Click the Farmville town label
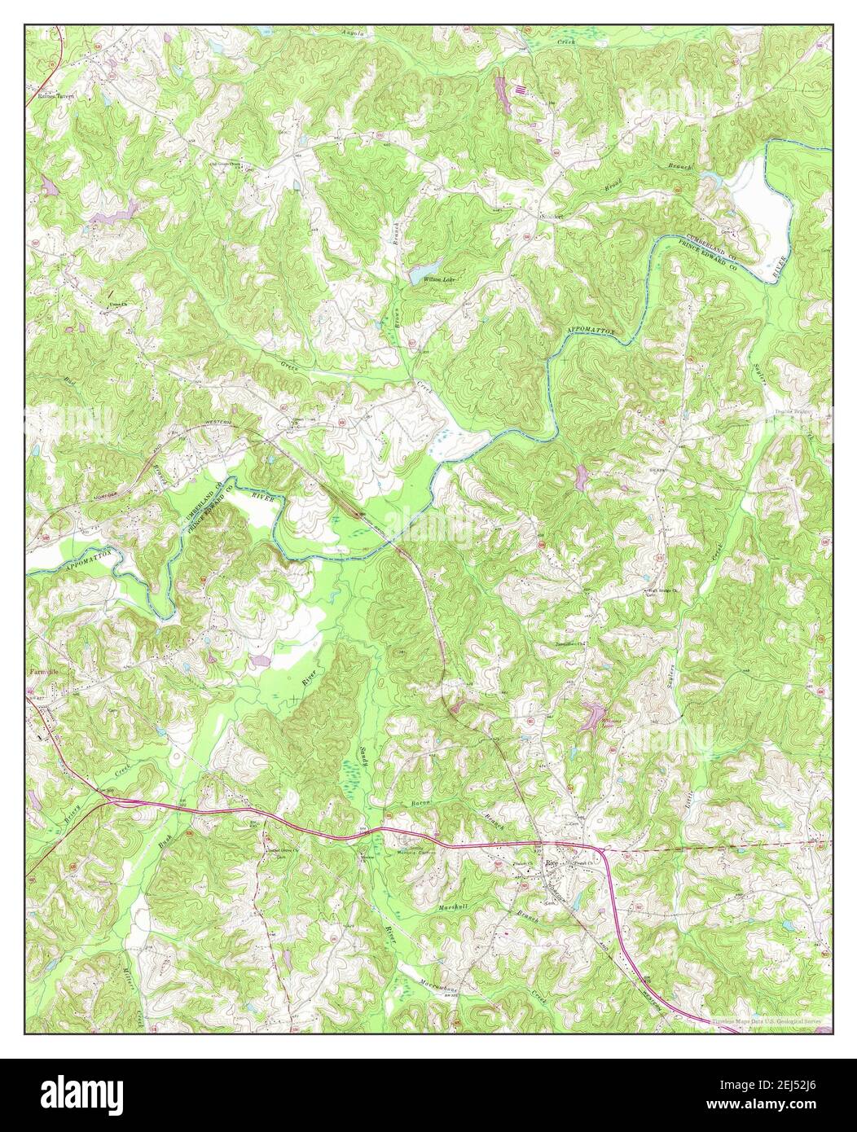42,672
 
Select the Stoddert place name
553,217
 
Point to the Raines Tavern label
55,95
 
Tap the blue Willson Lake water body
425,267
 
